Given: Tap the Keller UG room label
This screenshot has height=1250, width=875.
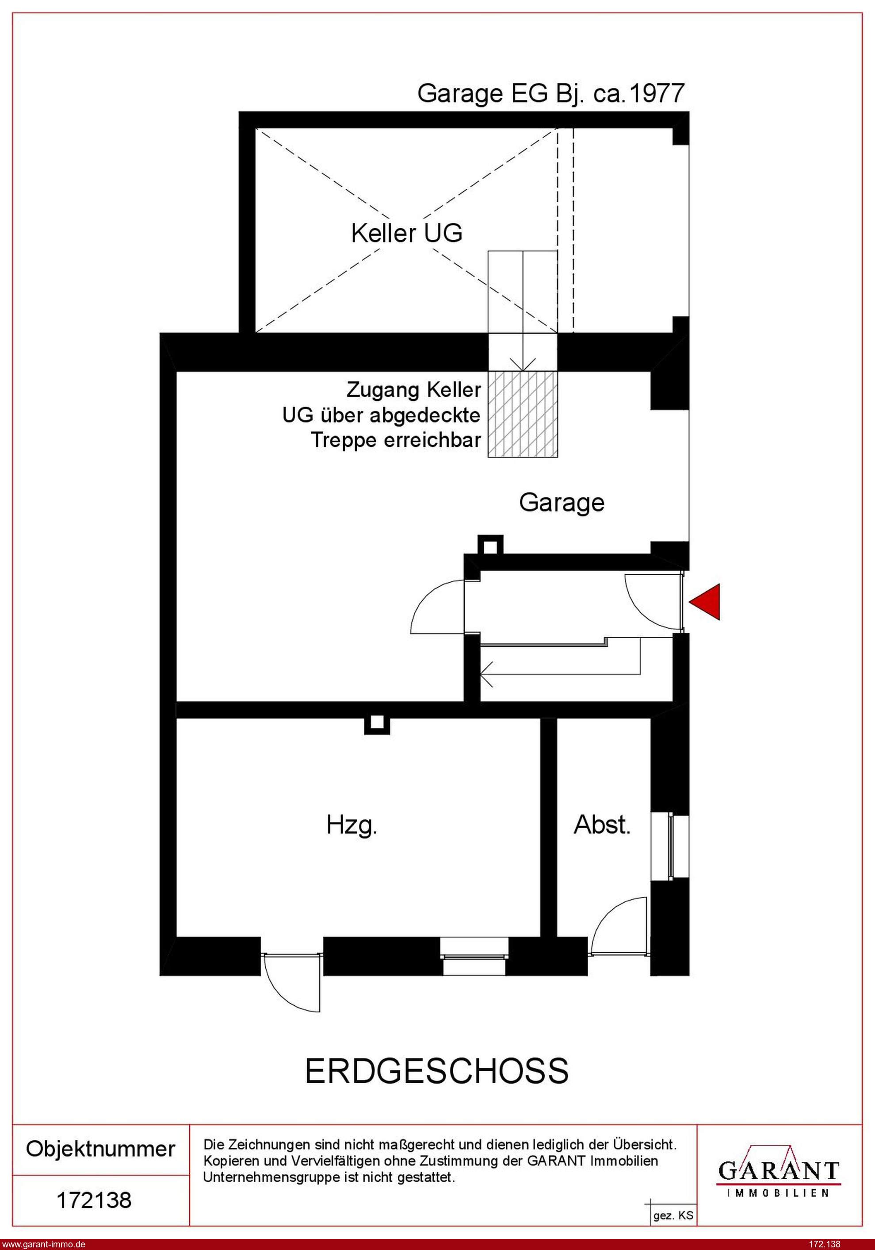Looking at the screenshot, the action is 406,233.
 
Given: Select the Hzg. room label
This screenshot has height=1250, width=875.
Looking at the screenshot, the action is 352,825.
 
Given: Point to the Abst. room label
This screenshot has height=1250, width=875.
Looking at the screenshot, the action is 602,825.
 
